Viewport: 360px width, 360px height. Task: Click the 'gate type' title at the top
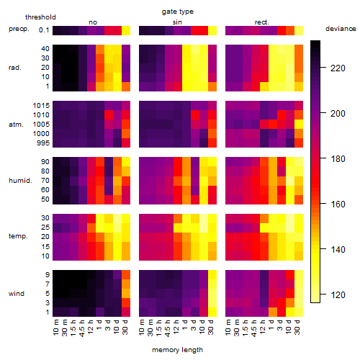[x=178, y=12]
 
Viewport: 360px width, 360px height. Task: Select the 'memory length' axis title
[x=177, y=350]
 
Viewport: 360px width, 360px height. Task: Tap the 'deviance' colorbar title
[x=341, y=29]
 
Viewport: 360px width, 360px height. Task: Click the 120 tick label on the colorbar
[x=338, y=294]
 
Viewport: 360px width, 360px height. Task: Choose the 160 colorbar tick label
[x=338, y=204]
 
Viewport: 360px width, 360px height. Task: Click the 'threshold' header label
[x=40, y=17]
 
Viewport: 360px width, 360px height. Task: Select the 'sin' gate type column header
[x=177, y=22]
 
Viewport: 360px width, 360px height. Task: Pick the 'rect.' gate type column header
[x=261, y=22]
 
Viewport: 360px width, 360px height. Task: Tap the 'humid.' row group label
[x=20, y=181]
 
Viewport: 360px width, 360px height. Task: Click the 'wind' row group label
[x=17, y=294]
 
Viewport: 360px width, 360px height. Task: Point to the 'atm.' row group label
[x=16, y=125]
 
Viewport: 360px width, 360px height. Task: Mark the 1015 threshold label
[x=41, y=106]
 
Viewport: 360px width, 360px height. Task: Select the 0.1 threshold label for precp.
[x=44, y=30]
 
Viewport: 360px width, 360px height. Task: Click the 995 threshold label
[x=43, y=143]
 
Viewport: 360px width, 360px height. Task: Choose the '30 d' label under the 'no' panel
[x=125, y=327]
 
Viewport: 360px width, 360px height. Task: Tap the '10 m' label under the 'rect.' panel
[x=228, y=327]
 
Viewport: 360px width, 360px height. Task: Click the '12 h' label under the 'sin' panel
[x=176, y=327]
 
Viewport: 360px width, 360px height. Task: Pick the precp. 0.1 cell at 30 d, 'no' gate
[x=126, y=30]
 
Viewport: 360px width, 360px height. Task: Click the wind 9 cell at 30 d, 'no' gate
[x=126, y=275]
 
